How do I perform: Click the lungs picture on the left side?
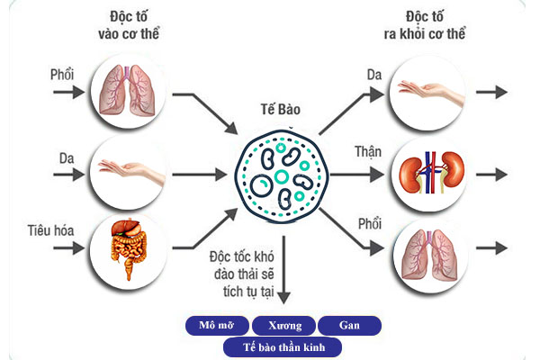tap(128, 89)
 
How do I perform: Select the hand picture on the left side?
tap(128, 168)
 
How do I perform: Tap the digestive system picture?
tap(126, 245)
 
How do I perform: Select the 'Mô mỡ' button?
tap(216, 325)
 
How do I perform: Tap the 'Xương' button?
tap(284, 325)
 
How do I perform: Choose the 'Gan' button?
tap(350, 325)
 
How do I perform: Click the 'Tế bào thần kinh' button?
tap(284, 346)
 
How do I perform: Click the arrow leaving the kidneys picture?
tap(490, 171)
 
